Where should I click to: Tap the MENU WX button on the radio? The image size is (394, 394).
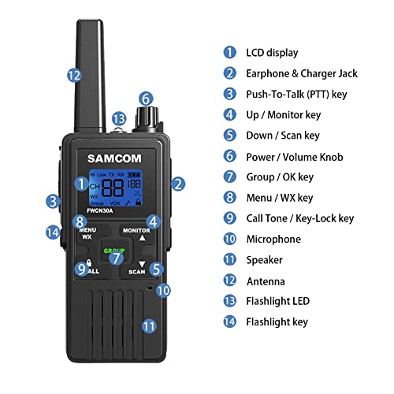click(x=88, y=231)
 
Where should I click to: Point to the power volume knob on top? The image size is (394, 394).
click(x=147, y=118)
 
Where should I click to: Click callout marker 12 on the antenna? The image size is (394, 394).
click(x=74, y=76)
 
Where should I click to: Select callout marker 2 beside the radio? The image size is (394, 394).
click(x=178, y=184)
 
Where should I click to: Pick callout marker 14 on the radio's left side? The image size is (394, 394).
click(x=53, y=232)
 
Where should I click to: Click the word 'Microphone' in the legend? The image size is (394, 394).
click(x=273, y=239)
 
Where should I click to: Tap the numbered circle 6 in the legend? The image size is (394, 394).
click(x=229, y=156)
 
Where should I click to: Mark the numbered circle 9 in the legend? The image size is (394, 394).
click(x=229, y=218)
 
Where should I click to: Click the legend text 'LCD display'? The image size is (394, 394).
click(x=272, y=53)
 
